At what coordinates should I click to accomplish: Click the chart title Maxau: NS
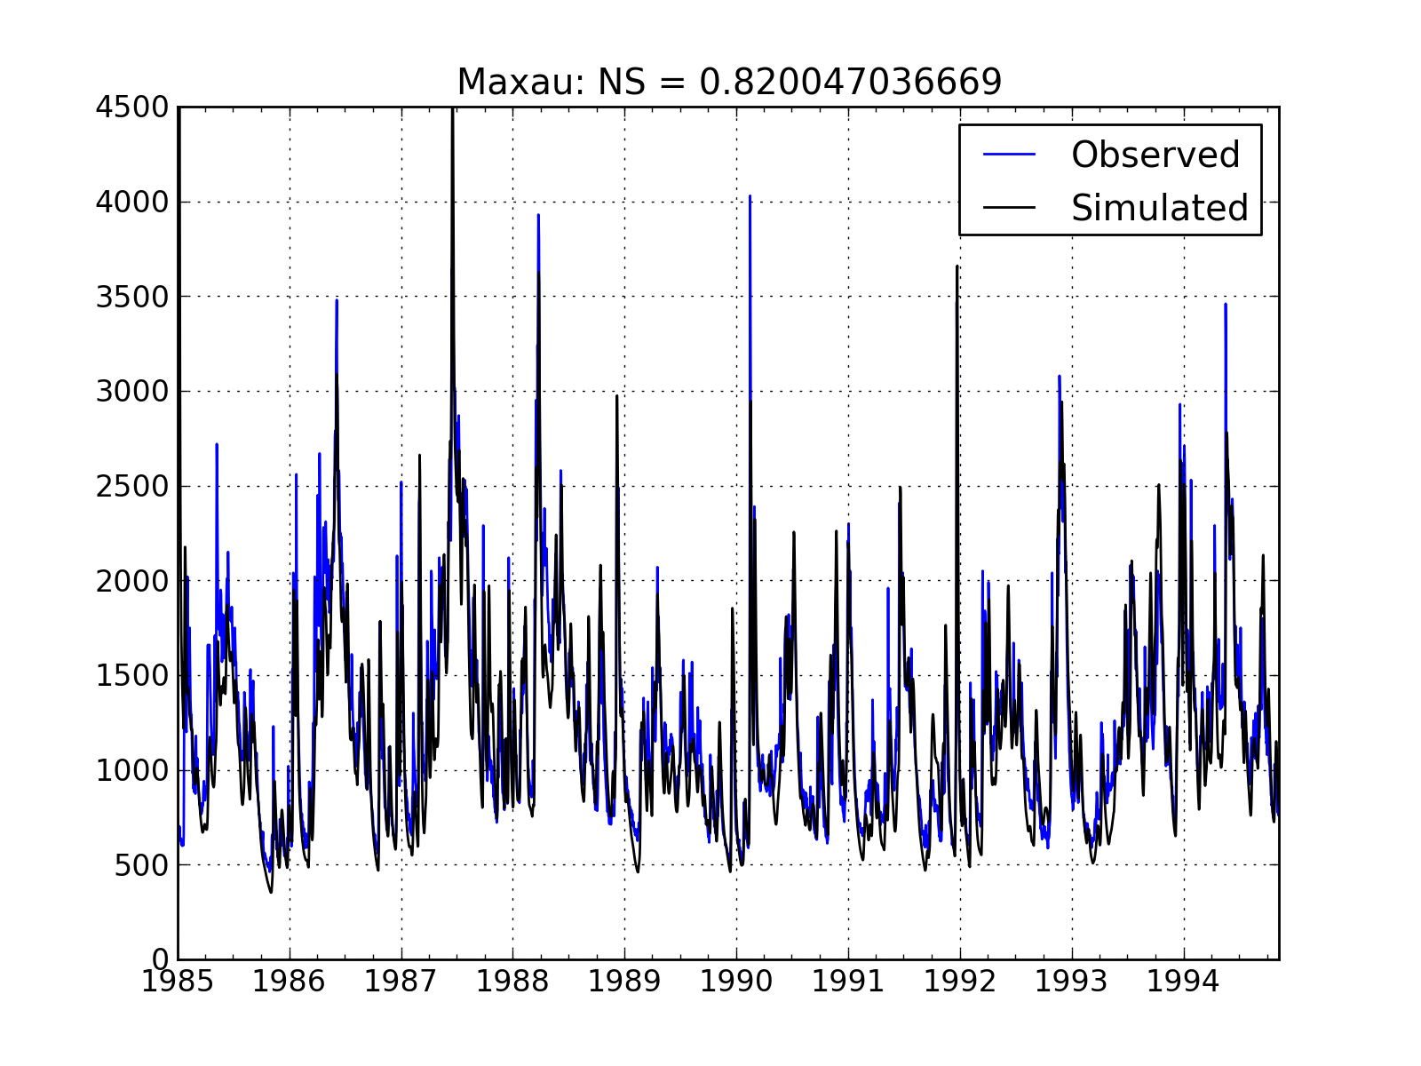(728, 83)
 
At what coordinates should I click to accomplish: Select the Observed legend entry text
(1155, 155)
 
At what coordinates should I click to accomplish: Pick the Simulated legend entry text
(1159, 208)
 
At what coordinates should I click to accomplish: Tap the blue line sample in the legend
(1010, 155)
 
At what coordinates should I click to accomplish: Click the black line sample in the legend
(1010, 208)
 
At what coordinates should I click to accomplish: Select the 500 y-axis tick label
(141, 865)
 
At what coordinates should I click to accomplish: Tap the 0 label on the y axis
(161, 959)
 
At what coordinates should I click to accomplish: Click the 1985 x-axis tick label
(179, 982)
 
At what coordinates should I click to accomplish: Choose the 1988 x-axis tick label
(513, 982)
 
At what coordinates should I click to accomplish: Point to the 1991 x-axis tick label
(848, 982)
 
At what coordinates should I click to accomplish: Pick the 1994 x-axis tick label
(1183, 982)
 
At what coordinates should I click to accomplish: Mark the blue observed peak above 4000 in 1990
(750, 196)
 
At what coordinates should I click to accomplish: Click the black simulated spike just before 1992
(957, 266)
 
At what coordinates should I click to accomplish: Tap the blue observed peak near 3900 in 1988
(537, 215)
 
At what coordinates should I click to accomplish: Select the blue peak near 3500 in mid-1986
(337, 300)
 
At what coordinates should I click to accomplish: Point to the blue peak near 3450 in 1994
(1225, 305)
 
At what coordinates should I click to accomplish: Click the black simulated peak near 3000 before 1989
(616, 396)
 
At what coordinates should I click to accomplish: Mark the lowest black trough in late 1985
(271, 892)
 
